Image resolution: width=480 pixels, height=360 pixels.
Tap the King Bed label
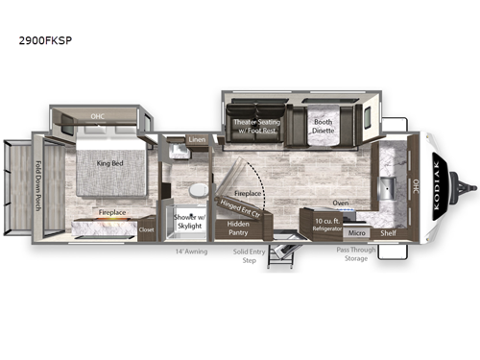coord(109,163)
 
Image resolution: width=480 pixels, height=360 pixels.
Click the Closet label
coord(146,230)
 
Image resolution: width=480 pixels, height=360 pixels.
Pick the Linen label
coord(197,141)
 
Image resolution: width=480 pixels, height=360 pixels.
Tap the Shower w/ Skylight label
coord(189,223)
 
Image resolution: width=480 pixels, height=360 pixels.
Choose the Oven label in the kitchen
coord(340,203)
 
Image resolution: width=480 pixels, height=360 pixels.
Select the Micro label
coord(356,232)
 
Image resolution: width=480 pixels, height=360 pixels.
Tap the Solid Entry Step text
coord(252,256)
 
